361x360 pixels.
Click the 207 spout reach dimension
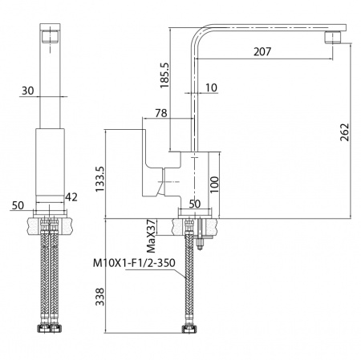point(262,51)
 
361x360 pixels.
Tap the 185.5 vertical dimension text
point(164,75)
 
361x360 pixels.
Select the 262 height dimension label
point(345,132)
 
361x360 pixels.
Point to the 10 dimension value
point(211,87)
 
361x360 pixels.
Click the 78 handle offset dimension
point(161,113)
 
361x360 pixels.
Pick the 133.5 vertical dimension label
point(100,179)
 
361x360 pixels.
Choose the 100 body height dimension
point(214,184)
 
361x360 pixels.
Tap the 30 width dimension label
point(28,91)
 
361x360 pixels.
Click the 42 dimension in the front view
point(71,197)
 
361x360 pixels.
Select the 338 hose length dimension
point(100,297)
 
